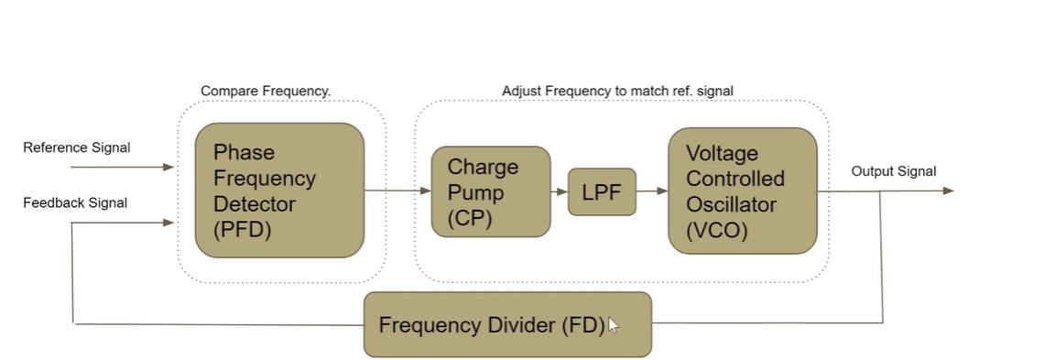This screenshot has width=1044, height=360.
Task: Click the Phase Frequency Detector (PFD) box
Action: point(279,190)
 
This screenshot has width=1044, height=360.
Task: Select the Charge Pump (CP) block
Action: point(491,191)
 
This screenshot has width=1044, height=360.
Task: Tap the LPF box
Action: point(602,191)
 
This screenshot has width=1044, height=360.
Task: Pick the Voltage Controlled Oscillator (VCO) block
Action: point(742,191)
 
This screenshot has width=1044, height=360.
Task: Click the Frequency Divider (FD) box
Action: point(507,324)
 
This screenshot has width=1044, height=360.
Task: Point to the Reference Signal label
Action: point(77,147)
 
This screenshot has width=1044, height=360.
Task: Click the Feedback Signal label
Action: point(75,202)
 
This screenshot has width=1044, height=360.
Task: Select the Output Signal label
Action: point(894,171)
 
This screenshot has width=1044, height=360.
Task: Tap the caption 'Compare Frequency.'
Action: point(266,92)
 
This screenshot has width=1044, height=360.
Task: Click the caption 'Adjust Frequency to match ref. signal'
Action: point(617,91)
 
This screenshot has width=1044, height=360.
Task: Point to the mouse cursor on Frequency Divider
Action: point(613,325)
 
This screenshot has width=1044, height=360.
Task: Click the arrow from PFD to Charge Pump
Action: point(397,191)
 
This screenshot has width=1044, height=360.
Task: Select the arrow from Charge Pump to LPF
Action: point(559,191)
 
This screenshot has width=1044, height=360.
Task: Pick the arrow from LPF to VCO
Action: point(651,191)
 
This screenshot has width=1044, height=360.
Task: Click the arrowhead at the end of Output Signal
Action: point(948,191)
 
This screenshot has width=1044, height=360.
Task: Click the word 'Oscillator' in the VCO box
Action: point(735,203)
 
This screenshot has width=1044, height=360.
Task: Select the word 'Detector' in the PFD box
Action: point(250,203)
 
